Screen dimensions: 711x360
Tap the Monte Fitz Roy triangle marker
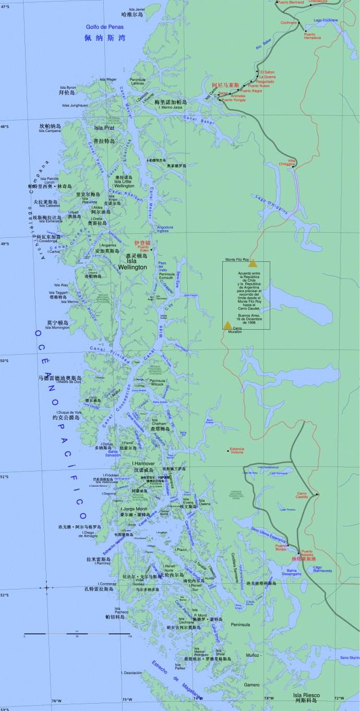(253, 263)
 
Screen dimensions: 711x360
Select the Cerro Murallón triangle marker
(227, 326)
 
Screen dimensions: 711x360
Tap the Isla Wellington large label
(137, 264)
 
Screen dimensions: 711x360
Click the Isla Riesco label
(305, 695)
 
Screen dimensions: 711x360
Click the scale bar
(77, 633)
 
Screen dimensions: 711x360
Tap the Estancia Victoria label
(237, 450)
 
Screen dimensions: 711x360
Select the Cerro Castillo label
(303, 495)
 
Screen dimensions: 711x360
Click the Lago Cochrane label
(326, 20)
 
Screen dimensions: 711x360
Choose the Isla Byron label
(68, 88)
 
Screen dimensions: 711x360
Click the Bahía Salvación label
(114, 453)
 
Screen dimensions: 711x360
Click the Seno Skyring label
(350, 658)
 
